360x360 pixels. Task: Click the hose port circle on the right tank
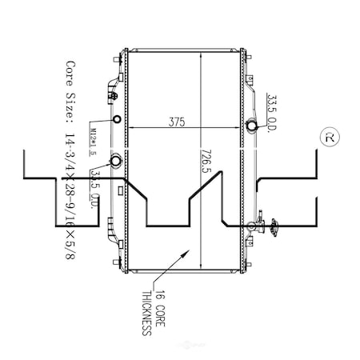click(x=252, y=126)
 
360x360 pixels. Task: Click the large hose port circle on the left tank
click(x=117, y=162)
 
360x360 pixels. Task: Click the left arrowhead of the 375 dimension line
click(x=130, y=127)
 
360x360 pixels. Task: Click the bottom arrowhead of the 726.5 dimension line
click(x=201, y=270)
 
